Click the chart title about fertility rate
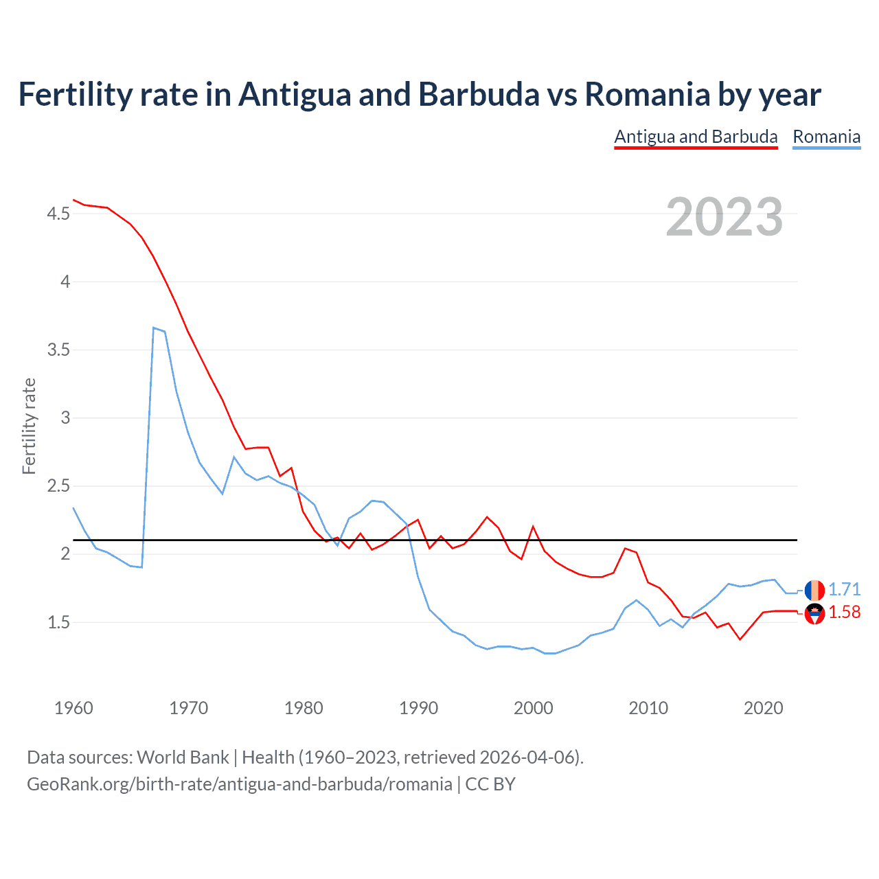pos(419,95)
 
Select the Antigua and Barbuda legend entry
pos(696,137)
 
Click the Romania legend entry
pos(826,137)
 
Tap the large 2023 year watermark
pos(724,217)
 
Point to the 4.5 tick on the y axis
pos(58,214)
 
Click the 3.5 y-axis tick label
pos(58,350)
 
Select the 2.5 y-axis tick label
pos(58,486)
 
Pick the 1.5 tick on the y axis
pos(58,623)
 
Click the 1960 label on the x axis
pos(73,708)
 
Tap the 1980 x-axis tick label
pos(304,708)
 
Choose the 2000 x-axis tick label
pos(533,708)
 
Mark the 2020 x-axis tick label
pos(763,708)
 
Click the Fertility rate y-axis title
pos(29,426)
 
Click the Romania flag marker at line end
pos(814,590)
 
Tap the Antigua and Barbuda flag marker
pos(814,613)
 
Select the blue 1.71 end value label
pos(844,590)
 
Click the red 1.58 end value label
pos(844,613)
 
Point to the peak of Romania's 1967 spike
pos(154,328)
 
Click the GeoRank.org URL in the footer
pos(240,784)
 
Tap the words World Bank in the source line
pos(183,757)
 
